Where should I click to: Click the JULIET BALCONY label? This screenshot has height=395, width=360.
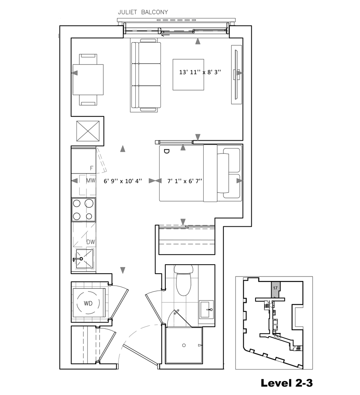[143, 12]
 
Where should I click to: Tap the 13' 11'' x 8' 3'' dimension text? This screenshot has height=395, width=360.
[200, 72]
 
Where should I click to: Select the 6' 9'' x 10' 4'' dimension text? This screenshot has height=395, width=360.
[123, 181]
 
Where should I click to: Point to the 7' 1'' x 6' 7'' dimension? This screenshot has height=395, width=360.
[185, 181]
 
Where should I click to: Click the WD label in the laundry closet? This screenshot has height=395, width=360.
[88, 303]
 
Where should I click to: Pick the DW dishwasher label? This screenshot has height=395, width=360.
[91, 242]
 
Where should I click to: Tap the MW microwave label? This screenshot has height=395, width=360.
[91, 180]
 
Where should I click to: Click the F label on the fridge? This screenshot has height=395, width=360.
[92, 168]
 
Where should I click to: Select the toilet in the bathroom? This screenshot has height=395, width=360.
[183, 280]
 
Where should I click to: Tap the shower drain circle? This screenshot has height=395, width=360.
[184, 345]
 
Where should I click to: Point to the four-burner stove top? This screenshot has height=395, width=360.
[84, 209]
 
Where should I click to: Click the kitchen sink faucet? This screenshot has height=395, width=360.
[78, 259]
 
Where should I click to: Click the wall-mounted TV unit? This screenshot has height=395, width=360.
[237, 74]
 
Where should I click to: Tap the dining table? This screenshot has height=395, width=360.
[88, 79]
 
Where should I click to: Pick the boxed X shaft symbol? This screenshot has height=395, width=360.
[88, 131]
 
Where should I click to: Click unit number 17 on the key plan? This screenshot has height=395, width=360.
[275, 288]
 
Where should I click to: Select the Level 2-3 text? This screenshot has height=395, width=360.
[287, 383]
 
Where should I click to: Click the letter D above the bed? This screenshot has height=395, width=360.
[167, 151]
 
